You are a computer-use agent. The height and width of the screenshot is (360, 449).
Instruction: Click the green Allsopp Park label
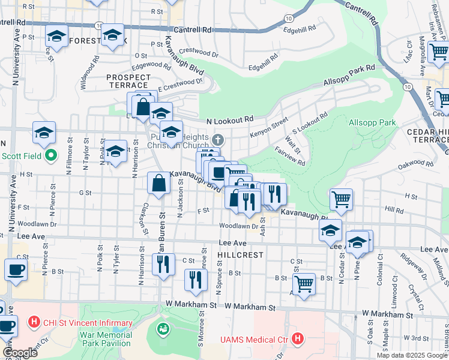pyautogui.click(x=372, y=122)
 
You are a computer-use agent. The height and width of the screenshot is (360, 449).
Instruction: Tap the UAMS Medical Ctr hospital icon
pyautogui.click(x=298, y=340)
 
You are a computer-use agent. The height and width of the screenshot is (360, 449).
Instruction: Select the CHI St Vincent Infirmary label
pyautogui.click(x=87, y=323)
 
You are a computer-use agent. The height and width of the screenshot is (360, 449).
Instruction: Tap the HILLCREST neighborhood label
pyautogui.click(x=241, y=255)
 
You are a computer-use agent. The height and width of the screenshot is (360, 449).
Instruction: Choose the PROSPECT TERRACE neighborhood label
pyautogui.click(x=128, y=82)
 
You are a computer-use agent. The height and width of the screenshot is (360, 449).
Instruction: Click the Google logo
pyautogui.click(x=19, y=353)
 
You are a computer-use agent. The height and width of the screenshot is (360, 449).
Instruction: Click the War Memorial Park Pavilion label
pyautogui.click(x=101, y=338)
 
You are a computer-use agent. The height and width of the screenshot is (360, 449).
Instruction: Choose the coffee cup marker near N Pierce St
pyautogui.click(x=16, y=269)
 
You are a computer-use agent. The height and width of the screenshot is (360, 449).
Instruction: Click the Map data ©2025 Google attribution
pyautogui.click(x=411, y=355)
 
